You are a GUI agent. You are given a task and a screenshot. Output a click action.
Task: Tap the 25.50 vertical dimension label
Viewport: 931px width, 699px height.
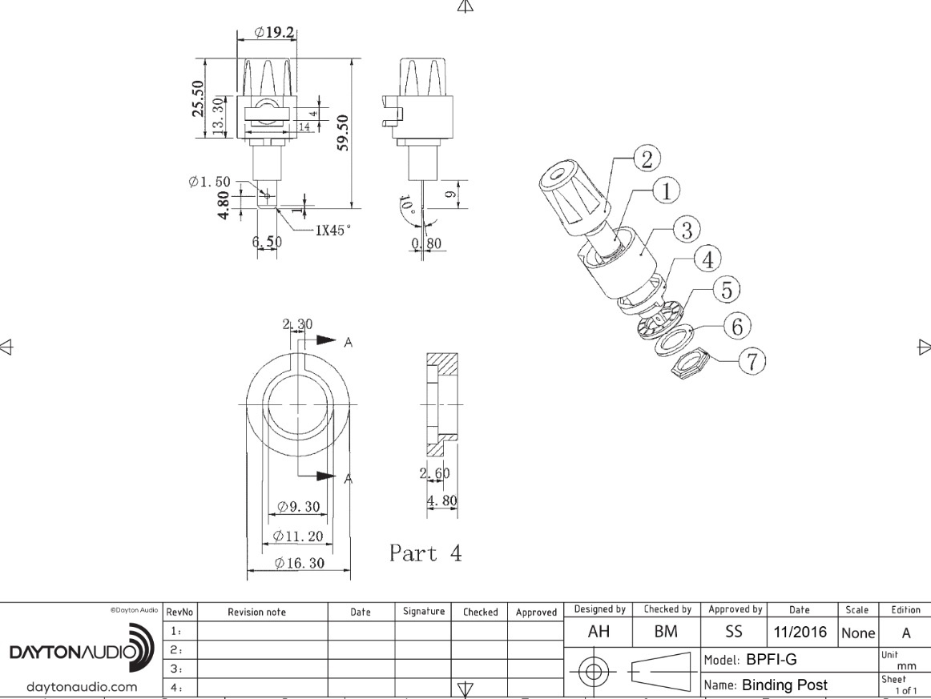(x=197, y=98)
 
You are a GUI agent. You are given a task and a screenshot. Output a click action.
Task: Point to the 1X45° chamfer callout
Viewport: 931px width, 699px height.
(x=332, y=230)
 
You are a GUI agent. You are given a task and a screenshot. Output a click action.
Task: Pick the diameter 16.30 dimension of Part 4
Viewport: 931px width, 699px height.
(x=299, y=564)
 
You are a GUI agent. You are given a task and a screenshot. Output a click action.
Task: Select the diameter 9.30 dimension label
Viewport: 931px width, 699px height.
(x=298, y=507)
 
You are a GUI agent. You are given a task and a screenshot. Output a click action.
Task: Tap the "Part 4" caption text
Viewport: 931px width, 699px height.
(x=425, y=553)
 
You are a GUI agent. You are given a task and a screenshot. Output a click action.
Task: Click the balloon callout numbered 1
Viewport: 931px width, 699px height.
(x=666, y=191)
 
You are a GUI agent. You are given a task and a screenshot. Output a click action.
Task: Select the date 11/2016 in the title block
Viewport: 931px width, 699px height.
(x=800, y=632)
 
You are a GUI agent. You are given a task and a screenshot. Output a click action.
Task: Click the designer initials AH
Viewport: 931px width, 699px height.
(x=598, y=632)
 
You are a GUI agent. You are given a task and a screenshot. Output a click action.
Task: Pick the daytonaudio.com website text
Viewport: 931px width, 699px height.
(x=82, y=686)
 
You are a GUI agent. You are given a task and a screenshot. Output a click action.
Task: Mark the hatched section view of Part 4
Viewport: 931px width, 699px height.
(x=441, y=400)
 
